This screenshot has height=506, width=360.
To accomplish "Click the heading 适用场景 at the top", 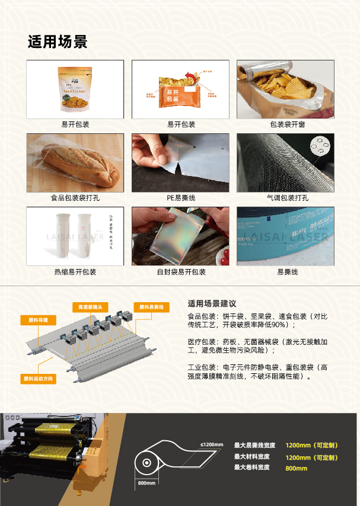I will click(x=58, y=42).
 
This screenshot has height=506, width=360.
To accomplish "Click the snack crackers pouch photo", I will click(x=75, y=89).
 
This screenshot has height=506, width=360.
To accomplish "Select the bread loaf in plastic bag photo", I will click(x=75, y=162).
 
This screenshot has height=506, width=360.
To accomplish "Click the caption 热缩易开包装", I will click(x=75, y=272).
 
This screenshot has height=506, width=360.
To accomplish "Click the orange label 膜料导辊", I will click(x=38, y=320).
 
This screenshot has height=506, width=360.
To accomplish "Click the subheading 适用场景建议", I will click(x=212, y=303).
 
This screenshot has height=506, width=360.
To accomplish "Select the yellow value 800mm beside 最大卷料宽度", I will click(x=297, y=468).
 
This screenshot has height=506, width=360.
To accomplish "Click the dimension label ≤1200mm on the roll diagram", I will click(x=212, y=445).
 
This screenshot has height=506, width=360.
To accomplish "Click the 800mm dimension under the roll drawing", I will click(x=146, y=483).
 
